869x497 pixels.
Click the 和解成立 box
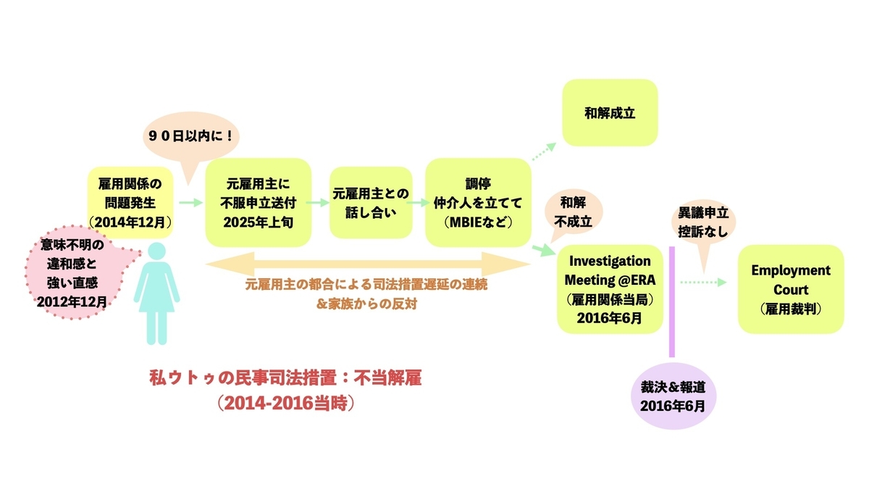610,113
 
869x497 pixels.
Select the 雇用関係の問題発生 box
130,203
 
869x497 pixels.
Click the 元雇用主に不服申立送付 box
259,203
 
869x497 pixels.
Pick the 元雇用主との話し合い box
371,203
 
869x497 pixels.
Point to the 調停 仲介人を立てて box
478,203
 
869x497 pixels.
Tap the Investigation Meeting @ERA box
610,289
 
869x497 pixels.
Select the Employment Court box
791,289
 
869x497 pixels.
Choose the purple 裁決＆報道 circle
673,396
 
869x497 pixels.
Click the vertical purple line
672,301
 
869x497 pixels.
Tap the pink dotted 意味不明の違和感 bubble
73,272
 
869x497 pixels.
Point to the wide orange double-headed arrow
368,264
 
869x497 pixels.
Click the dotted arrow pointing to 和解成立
544,151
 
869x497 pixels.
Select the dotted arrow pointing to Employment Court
703,282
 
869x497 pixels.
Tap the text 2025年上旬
259,222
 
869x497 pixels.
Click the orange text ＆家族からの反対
367,304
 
